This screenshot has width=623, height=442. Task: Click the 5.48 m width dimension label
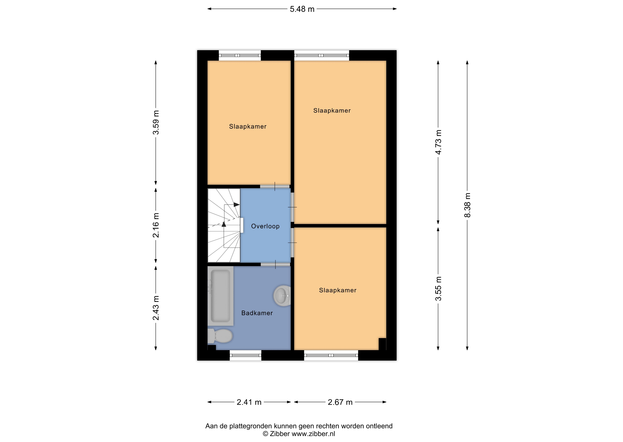coord(302,9)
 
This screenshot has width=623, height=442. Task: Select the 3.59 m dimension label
coord(156,122)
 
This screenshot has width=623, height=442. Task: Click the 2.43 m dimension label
coord(156,308)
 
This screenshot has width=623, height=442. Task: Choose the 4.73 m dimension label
coord(438,142)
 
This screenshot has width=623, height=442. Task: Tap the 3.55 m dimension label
coord(438,289)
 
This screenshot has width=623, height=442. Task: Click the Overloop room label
coord(265,226)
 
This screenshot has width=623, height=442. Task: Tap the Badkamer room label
coord(257,313)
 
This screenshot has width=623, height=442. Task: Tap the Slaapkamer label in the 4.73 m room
coord(332,110)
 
